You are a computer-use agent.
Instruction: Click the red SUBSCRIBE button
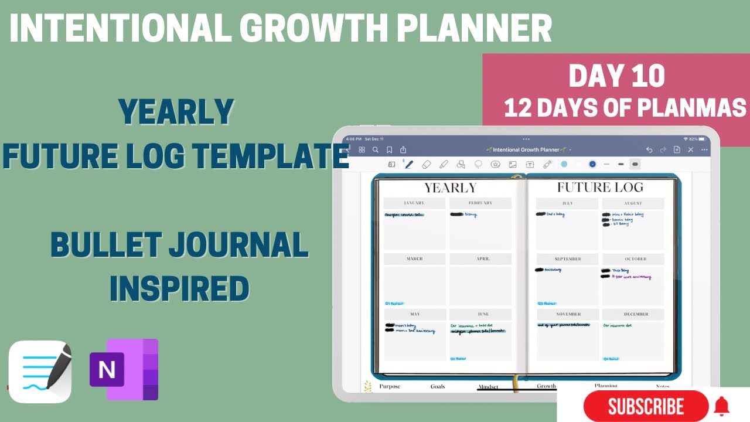point(646,406)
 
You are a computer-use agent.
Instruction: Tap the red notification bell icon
point(722,405)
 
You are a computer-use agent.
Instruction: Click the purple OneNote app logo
point(124,369)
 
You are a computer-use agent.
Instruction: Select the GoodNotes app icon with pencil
point(40,372)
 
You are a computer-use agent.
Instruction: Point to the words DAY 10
point(616,76)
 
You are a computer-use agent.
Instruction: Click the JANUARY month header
point(414,203)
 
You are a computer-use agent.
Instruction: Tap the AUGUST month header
point(633,203)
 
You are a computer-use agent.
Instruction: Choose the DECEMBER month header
point(633,314)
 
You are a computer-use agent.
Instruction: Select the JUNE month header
point(480,314)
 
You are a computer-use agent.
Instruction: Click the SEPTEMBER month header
point(567,258)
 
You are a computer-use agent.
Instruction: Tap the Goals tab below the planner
point(438,386)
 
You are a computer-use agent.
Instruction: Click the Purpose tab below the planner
point(390,386)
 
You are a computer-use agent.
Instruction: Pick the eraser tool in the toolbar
point(427,165)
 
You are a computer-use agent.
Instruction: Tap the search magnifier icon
point(376,149)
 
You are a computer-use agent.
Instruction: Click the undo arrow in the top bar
point(649,149)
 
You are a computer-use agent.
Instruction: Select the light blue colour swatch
point(564,165)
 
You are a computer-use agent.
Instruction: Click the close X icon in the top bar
point(691,149)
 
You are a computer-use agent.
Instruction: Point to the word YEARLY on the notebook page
point(450,188)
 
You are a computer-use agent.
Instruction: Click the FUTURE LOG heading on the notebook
point(600,188)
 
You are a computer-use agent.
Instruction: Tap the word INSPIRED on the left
point(179,289)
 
